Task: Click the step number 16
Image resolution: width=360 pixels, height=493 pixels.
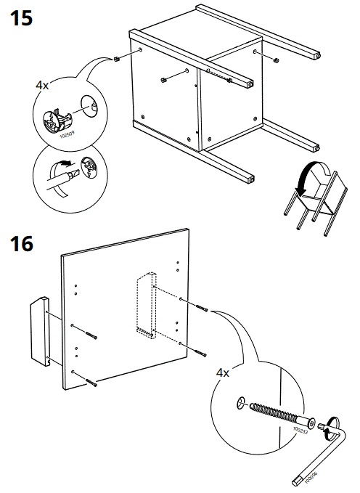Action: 22,244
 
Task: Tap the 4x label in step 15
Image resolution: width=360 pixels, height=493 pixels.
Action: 42,85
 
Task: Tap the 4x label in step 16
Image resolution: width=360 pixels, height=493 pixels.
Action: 223,372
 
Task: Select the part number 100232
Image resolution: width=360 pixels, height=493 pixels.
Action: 298,431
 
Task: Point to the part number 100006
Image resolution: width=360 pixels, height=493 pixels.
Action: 309,477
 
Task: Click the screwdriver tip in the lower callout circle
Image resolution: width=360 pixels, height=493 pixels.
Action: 70,175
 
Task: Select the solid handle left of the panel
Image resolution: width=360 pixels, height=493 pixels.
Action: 39,332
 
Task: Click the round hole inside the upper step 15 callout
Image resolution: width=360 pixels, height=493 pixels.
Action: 91,107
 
